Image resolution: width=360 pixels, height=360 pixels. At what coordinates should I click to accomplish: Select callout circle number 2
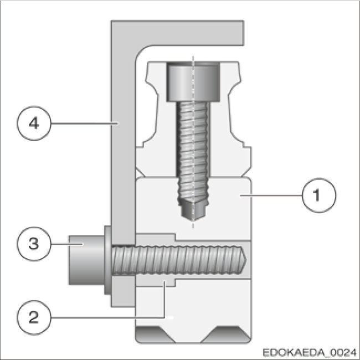click(x=33, y=317)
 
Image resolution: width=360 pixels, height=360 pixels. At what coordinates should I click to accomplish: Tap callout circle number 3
click(x=33, y=243)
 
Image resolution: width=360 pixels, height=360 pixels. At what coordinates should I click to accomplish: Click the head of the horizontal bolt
click(x=83, y=260)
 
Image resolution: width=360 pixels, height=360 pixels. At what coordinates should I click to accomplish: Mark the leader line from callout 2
click(x=111, y=316)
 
